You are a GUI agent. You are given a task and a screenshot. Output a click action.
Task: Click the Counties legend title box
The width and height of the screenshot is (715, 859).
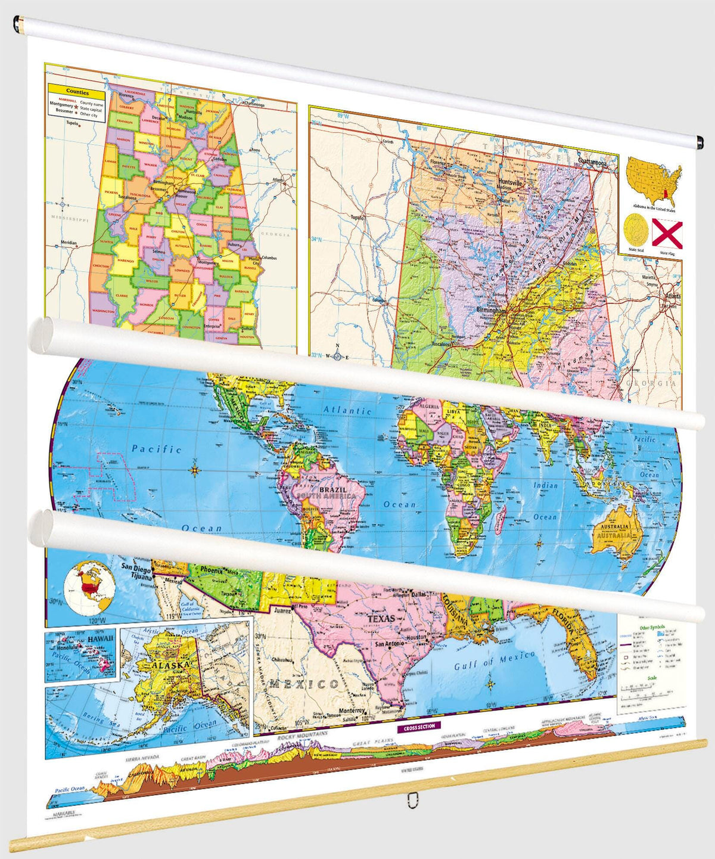(x=77, y=92)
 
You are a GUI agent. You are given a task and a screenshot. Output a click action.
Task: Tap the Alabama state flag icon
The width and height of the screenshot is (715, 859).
(x=667, y=233)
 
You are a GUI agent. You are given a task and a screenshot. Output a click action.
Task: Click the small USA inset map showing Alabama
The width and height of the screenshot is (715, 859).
(x=654, y=181)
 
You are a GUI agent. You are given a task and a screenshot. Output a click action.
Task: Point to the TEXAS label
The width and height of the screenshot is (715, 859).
(x=381, y=619)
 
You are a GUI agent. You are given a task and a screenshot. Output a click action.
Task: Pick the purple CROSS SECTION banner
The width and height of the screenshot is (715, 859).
(x=419, y=727)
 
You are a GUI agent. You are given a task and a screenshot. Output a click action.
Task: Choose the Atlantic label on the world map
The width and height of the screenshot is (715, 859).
(x=347, y=410)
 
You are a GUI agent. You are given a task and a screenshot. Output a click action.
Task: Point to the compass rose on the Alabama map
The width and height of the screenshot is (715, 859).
(x=337, y=356)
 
